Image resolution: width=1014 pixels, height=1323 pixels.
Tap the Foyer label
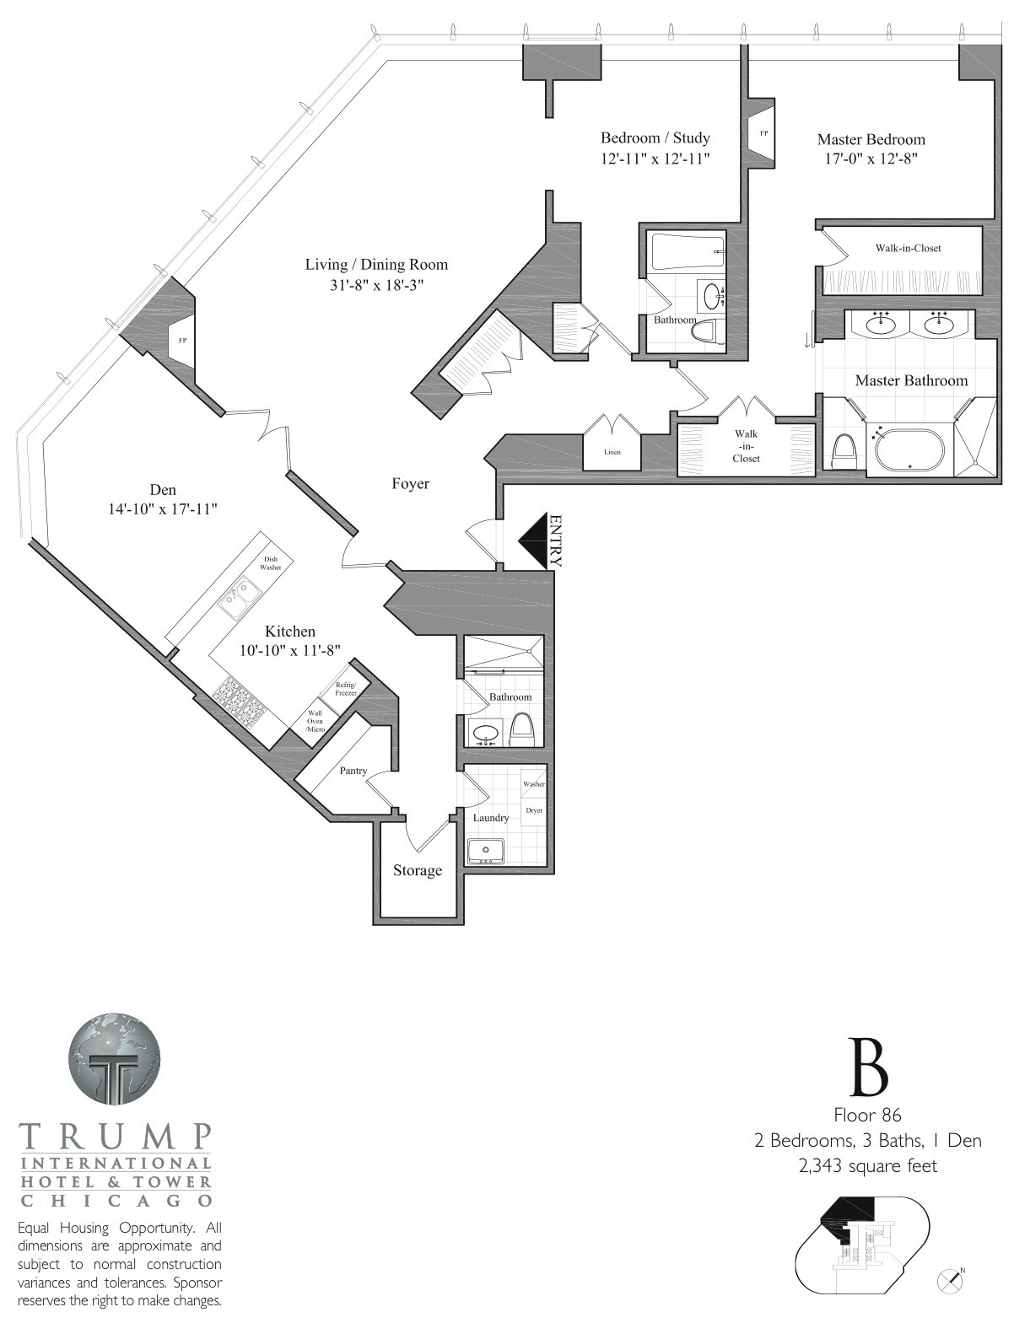point(411,484)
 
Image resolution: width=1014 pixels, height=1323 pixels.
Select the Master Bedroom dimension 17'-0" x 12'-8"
point(871,159)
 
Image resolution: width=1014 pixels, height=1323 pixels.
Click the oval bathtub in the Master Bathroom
point(910,450)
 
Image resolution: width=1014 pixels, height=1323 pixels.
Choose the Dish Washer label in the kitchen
point(271,562)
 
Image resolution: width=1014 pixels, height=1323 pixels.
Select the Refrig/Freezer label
point(345,689)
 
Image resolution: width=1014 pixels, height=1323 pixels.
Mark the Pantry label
point(353,771)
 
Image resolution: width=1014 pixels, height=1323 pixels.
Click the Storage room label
point(418,871)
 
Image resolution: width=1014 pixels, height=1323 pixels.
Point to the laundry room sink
point(485,850)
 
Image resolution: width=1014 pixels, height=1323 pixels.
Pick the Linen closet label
point(612,452)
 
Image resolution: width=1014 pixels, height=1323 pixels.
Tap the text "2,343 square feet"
point(867,1165)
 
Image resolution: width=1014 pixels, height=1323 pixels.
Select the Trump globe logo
point(115,1059)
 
